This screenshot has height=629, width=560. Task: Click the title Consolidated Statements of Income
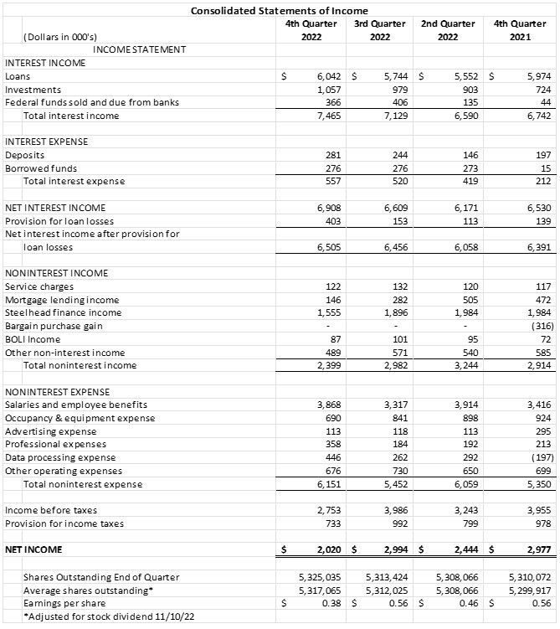pos(280,10)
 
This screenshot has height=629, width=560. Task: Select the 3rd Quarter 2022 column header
pos(379,30)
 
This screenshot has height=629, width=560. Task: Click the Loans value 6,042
pos(321,75)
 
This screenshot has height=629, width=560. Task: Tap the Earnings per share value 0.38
pos(327,602)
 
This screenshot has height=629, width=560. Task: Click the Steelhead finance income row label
pos(64,312)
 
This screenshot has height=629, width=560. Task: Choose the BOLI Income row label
pos(33,339)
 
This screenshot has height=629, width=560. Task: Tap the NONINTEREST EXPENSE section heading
pos(57,392)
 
